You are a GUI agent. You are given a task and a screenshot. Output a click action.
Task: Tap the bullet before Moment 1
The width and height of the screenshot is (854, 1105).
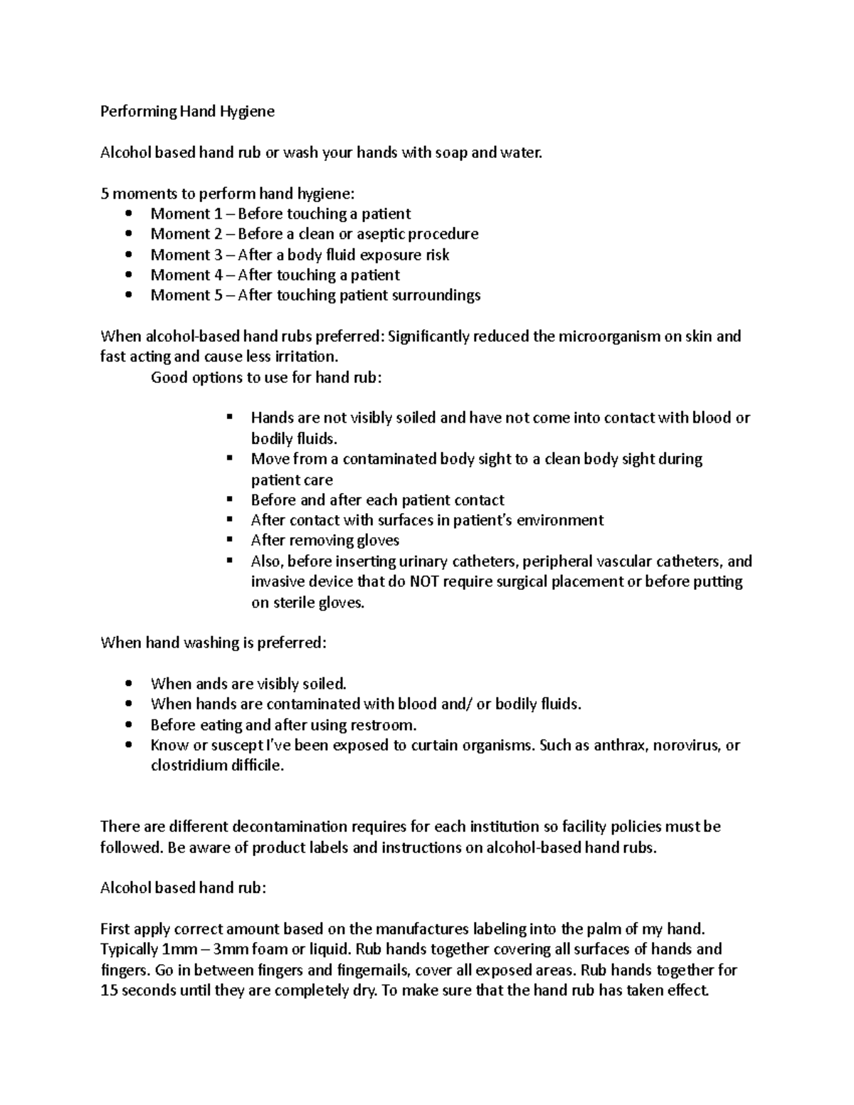[128, 214]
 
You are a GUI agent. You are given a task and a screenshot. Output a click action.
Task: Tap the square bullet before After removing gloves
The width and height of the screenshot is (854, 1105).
[228, 540]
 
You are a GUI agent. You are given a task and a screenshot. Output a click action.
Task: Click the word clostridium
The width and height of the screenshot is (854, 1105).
[189, 766]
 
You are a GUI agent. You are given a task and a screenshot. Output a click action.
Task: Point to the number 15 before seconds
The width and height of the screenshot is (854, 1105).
[110, 990]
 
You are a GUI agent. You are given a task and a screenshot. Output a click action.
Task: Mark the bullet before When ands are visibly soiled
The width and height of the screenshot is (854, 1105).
[128, 684]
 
